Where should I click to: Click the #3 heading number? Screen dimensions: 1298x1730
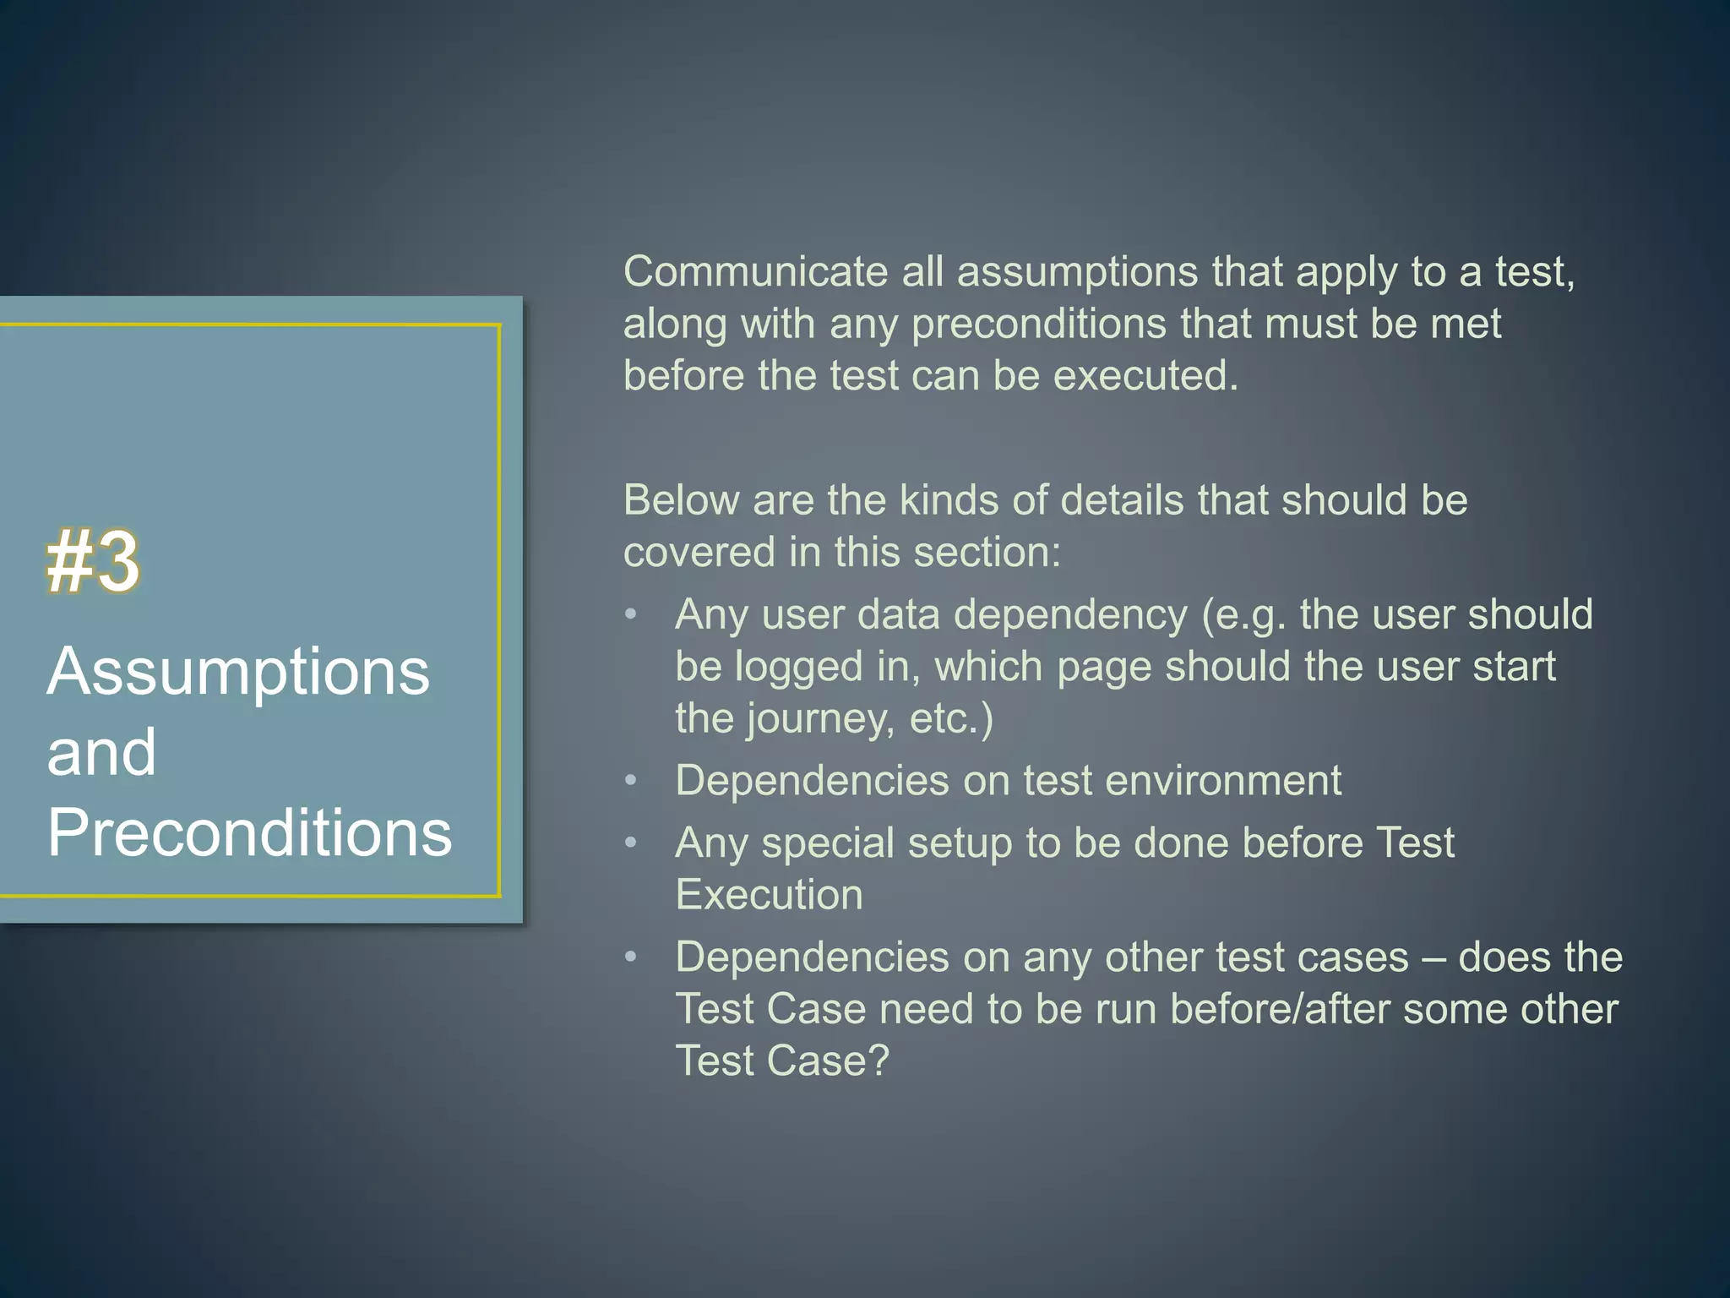pyautogui.click(x=93, y=562)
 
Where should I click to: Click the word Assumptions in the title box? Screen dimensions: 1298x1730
pyautogui.click(x=238, y=672)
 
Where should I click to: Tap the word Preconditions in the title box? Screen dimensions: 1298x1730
pyautogui.click(x=249, y=833)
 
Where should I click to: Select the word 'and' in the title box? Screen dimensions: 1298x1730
pyautogui.click(x=101, y=752)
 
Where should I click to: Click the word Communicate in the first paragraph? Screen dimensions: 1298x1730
pyautogui.click(x=755, y=273)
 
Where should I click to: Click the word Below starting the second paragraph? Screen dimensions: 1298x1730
pyautogui.click(x=681, y=500)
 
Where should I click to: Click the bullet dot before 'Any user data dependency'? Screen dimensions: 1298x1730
pyautogui.click(x=630, y=614)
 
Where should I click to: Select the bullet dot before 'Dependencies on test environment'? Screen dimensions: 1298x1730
pyautogui.click(x=630, y=780)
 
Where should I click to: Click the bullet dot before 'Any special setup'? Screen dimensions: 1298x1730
pyautogui.click(x=630, y=843)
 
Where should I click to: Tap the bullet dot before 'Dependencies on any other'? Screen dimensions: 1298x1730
pyautogui.click(x=630, y=957)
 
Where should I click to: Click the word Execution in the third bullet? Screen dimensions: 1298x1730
pyautogui.click(x=769, y=895)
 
